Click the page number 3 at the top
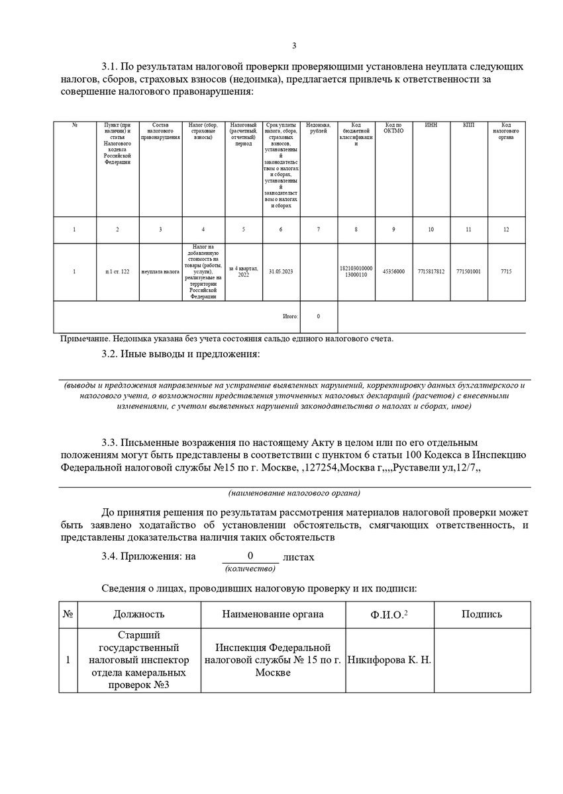tap(294, 46)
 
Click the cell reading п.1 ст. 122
tap(117, 272)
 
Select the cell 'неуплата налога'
tap(160, 272)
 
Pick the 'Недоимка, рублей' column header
tap(319, 128)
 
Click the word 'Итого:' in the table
tap(290, 316)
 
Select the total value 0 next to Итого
tap(319, 316)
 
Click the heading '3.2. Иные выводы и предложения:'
tap(180, 355)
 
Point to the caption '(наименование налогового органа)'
tap(294, 494)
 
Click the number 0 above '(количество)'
tap(250, 556)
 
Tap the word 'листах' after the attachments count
tap(298, 557)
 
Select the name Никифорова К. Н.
tap(389, 660)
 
